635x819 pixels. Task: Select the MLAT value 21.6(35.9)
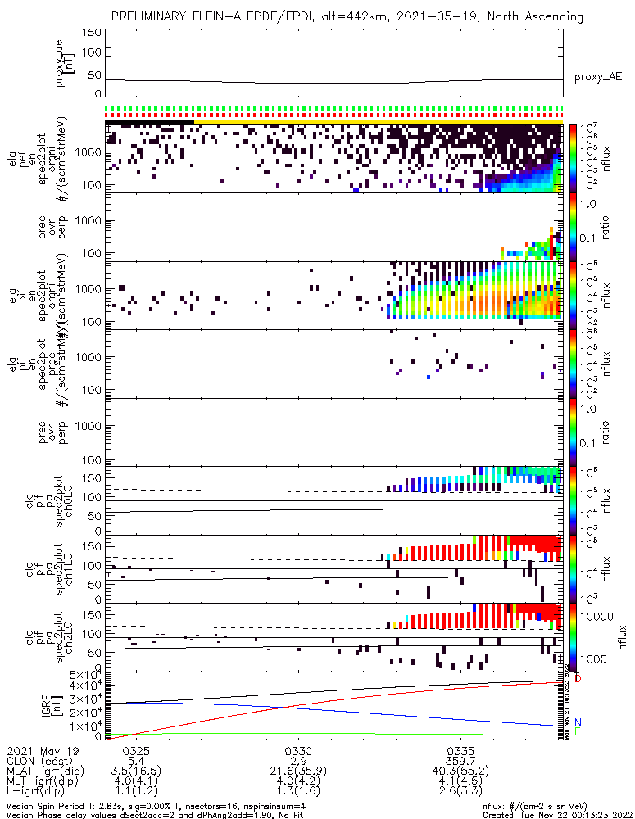click(297, 771)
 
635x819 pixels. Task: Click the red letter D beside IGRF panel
click(578, 679)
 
